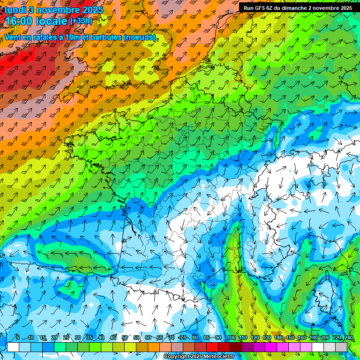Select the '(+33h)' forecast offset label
[82, 21]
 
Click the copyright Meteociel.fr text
[199, 357]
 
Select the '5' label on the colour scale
[18, 337]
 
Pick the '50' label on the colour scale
[124, 337]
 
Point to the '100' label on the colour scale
[231, 337]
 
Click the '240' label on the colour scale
[348, 337]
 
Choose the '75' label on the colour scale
[183, 337]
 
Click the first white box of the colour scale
[13, 347]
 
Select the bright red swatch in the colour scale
[212, 347]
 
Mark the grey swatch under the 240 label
[341, 347]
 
